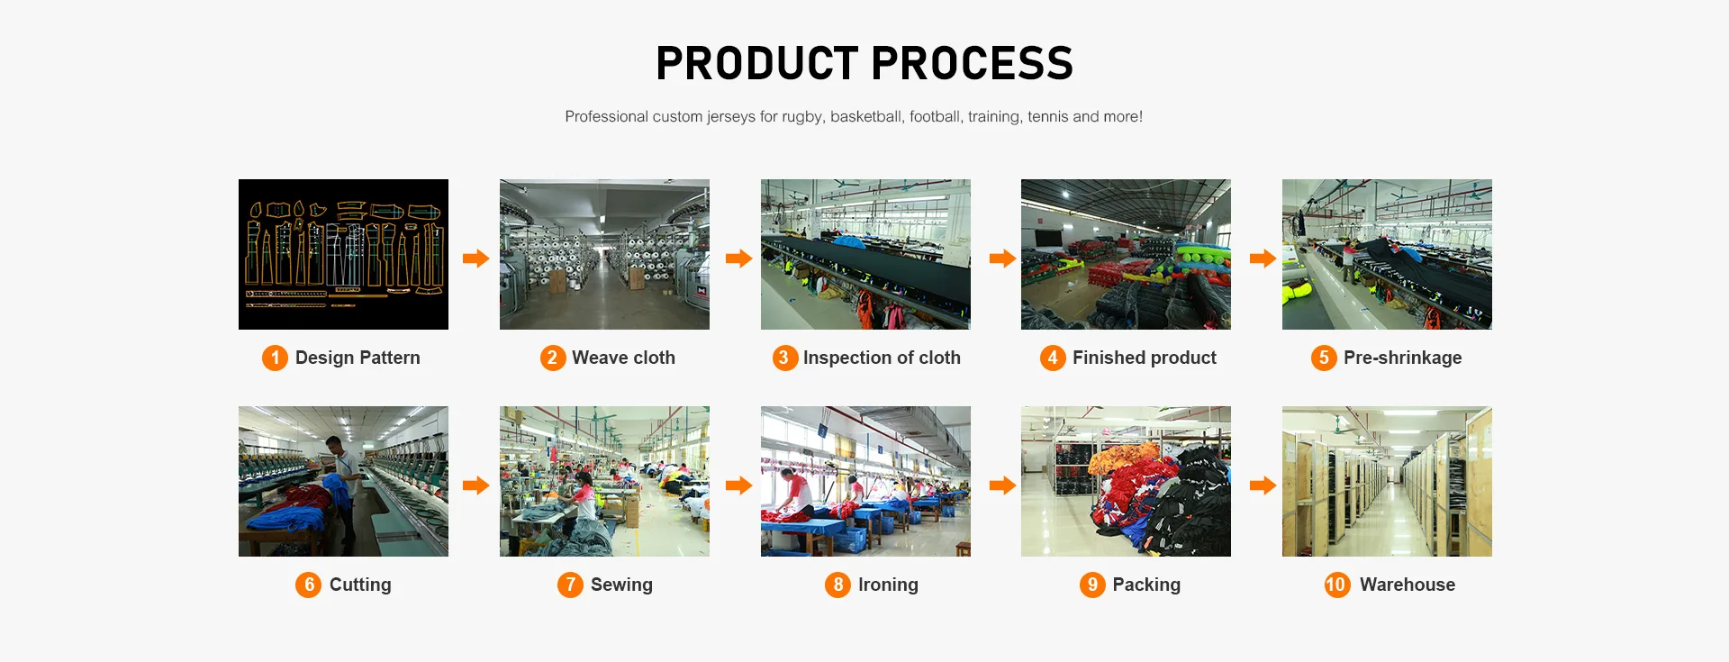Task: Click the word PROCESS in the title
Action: tap(973, 63)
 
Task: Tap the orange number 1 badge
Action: tap(275, 358)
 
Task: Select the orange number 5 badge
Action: tap(1324, 358)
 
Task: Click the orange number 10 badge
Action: tap(1337, 585)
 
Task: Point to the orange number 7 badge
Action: tap(570, 585)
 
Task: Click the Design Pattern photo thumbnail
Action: tap(343, 254)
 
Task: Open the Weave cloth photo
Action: tap(604, 254)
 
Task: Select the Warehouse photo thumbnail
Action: tap(1387, 481)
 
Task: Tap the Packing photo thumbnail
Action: tap(1126, 481)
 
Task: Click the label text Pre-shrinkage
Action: tap(1403, 358)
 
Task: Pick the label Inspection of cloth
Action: tap(882, 358)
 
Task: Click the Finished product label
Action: tap(1145, 358)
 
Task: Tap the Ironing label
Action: tap(888, 585)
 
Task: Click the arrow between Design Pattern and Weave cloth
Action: tap(475, 258)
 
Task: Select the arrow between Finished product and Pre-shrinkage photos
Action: tap(1263, 258)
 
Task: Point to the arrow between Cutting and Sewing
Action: tap(475, 485)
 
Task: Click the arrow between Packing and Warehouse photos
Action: tap(1263, 485)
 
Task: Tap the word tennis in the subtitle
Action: tap(1048, 116)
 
